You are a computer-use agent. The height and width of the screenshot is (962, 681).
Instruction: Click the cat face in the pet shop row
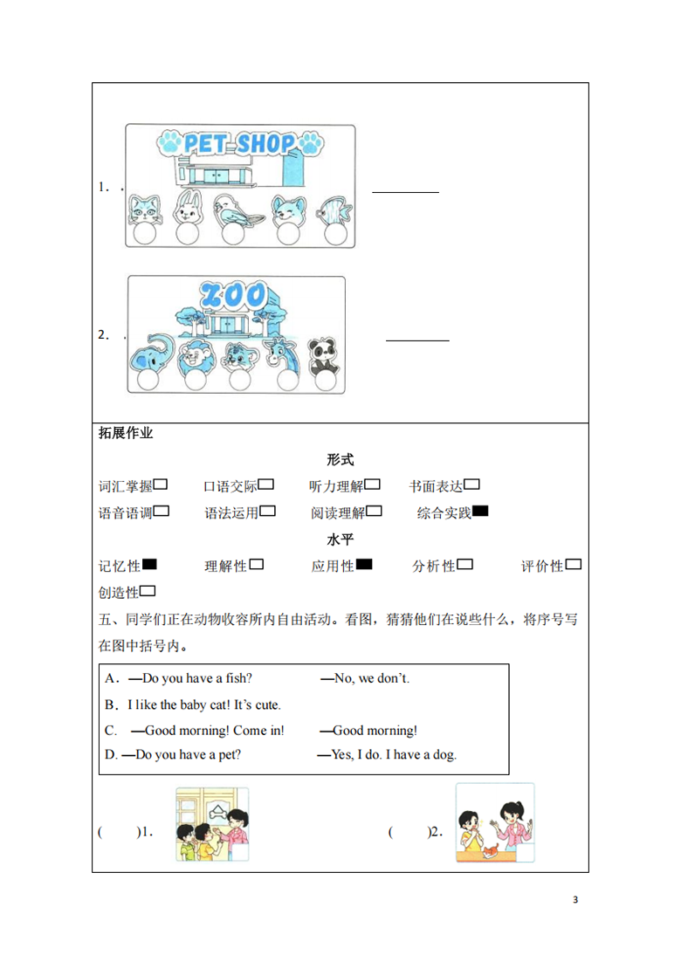[144, 210]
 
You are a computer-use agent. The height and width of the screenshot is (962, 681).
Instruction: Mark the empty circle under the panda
[325, 381]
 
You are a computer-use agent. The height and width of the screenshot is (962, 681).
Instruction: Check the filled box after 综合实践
[480, 512]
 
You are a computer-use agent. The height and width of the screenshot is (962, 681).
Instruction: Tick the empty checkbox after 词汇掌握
[161, 485]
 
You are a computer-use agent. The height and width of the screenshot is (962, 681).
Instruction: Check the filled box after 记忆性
[149, 565]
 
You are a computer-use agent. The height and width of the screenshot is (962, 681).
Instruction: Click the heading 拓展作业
[126, 433]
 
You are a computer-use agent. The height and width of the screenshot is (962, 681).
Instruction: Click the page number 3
[575, 900]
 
